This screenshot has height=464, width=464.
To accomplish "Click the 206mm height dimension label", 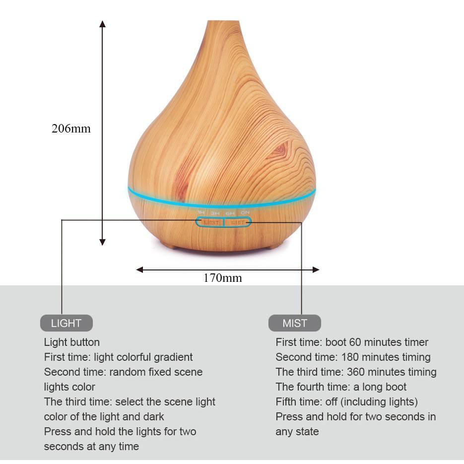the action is coord(71,129).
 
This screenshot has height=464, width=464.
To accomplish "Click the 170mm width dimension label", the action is coord(222,278).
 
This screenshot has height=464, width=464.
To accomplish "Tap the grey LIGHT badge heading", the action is coord(66,323).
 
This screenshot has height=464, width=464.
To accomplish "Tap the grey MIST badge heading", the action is coord(295,323).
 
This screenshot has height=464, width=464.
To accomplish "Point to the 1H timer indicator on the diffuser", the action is coord(201,213).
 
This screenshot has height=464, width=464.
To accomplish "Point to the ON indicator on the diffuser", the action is coord(245,213).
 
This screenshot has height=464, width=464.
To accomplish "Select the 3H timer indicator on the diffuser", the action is coord(215,213).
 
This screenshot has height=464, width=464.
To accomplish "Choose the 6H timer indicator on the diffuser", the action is coord(230,213).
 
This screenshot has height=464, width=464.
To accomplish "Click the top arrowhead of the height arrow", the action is coord(102,24).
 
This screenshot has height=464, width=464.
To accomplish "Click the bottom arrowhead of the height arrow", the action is coord(102,242).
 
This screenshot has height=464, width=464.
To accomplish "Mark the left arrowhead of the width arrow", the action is coord(140,269).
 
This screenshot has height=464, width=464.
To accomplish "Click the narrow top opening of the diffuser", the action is coord(223,23).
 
